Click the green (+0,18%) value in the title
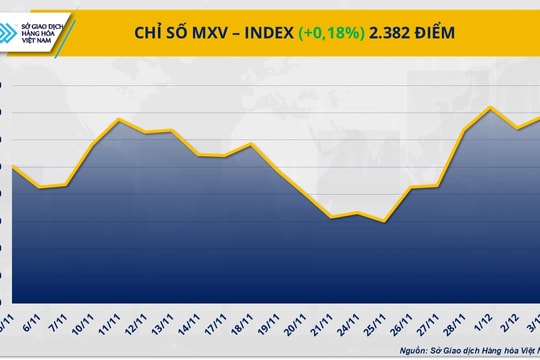pyautogui.click(x=331, y=33)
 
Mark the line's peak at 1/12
pyautogui.click(x=490, y=107)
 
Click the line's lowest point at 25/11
pyautogui.click(x=384, y=221)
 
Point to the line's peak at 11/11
pyautogui.click(x=120, y=119)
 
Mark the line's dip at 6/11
pyautogui.click(x=40, y=187)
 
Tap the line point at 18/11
pyautogui.click(x=250, y=144)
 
